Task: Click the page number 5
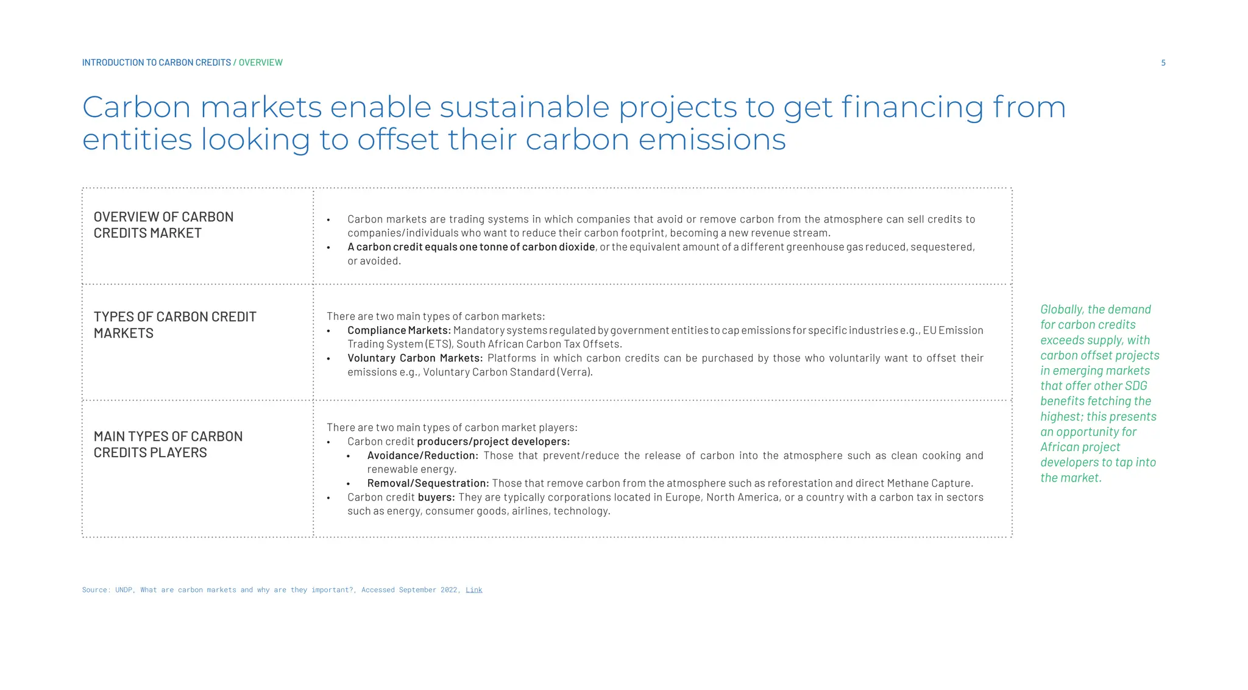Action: click(x=1163, y=63)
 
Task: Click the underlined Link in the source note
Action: click(x=473, y=590)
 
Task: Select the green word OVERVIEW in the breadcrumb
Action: click(x=260, y=63)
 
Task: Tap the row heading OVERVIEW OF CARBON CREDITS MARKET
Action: click(x=163, y=225)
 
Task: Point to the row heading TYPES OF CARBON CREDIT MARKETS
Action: click(x=175, y=325)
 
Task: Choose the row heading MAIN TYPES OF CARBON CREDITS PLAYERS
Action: click(x=168, y=444)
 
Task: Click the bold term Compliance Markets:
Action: click(x=399, y=330)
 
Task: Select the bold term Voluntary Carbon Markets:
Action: click(x=414, y=358)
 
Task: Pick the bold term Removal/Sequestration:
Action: click(x=427, y=483)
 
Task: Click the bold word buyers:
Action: click(x=436, y=497)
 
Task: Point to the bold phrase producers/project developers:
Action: click(x=493, y=442)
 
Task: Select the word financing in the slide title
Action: click(x=912, y=107)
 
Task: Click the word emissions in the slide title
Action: click(x=712, y=140)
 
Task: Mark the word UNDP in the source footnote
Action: click(x=124, y=590)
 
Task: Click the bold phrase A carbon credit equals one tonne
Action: click(x=433, y=247)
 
